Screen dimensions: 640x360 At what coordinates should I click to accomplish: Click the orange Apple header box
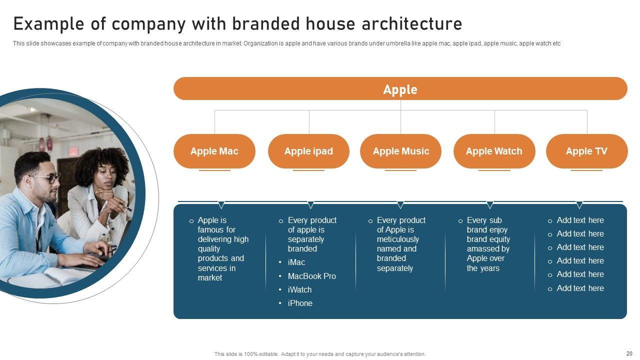400,88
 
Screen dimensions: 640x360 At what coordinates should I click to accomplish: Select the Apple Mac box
214,151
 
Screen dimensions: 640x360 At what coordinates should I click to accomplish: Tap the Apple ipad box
308,151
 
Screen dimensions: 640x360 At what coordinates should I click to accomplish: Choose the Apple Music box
400,151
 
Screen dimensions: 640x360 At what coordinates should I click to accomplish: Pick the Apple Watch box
494,151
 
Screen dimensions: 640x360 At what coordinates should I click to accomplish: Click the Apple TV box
587,151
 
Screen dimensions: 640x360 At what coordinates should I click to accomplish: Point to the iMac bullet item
296,262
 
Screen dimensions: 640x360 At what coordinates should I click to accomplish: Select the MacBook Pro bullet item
311,276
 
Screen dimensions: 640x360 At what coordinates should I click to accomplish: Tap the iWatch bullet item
299,289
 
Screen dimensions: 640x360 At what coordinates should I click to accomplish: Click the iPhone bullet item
300,303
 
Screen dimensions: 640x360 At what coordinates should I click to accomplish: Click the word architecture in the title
412,23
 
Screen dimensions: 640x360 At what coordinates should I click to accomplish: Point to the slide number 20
629,353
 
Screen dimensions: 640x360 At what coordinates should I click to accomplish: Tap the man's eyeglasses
47,178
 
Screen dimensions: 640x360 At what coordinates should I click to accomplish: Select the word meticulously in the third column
397,239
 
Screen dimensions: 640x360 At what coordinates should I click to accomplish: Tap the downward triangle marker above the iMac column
310,205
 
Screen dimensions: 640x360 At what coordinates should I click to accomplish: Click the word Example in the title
48,24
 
